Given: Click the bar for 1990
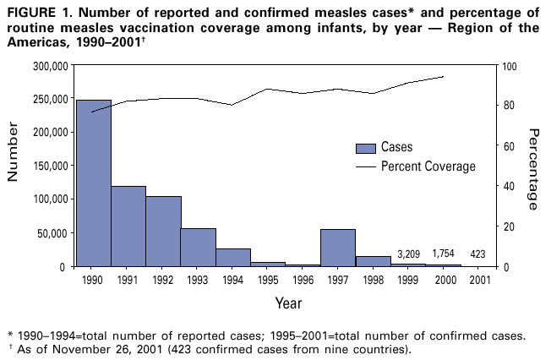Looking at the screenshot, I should (x=93, y=183).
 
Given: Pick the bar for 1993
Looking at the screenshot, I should (x=198, y=247).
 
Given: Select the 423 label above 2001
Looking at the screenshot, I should (x=477, y=254).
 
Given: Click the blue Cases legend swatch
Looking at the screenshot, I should (x=365, y=148).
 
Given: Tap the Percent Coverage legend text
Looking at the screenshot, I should (x=428, y=166).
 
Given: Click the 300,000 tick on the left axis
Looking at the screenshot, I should (x=50, y=66).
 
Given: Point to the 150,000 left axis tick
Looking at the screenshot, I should (x=50, y=166).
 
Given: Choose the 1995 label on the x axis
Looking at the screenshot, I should (x=268, y=279).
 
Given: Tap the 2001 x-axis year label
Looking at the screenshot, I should (x=477, y=279).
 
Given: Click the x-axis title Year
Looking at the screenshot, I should (x=286, y=301).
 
